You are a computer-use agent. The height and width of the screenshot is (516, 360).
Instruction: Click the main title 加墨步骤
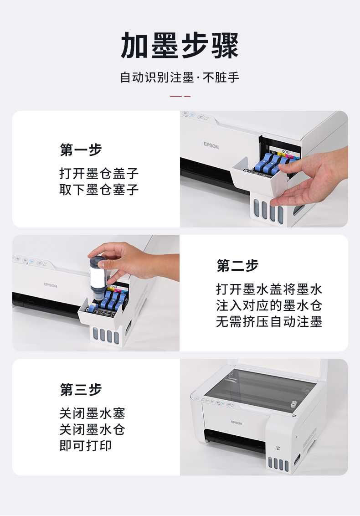(180, 46)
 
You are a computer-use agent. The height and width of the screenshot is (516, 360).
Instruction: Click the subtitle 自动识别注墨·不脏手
(180, 77)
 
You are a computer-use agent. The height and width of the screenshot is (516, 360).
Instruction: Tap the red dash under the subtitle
(180, 96)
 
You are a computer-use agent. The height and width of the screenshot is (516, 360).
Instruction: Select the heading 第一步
(81, 150)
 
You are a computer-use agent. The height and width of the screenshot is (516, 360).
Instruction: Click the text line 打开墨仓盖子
(99, 173)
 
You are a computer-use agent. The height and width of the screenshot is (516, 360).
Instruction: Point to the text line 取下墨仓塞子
(99, 190)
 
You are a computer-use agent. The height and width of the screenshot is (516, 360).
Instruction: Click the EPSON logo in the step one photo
(211, 145)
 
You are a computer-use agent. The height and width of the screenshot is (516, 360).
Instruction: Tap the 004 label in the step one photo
(285, 152)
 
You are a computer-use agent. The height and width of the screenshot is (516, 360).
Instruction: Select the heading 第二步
(237, 266)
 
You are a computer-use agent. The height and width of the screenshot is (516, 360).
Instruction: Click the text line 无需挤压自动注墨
(269, 321)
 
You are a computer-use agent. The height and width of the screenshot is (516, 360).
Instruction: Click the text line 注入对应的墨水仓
(269, 305)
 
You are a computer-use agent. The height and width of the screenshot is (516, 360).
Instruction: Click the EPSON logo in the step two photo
(50, 285)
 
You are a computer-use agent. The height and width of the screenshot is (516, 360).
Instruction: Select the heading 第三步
(81, 390)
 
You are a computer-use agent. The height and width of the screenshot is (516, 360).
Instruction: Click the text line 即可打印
(86, 446)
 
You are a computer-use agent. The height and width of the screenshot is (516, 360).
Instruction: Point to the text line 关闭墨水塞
(93, 413)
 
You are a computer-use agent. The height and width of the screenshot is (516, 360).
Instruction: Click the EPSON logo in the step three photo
(236, 422)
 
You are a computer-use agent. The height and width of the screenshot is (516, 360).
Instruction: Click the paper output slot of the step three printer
(235, 440)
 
